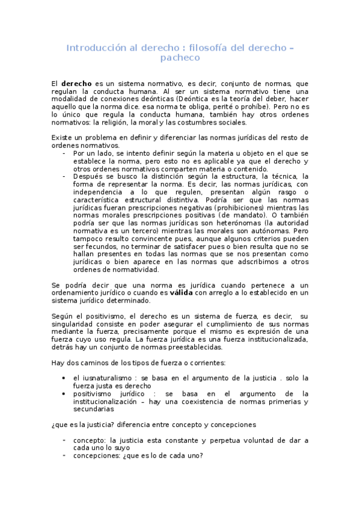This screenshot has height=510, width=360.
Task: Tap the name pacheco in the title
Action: [x=180, y=58]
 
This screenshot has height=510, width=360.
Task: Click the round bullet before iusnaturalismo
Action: [x=64, y=378]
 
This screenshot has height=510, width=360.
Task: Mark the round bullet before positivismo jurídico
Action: [x=64, y=393]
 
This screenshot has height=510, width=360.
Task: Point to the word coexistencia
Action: [x=195, y=401]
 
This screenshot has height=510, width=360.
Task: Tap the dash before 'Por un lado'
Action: [x=64, y=153]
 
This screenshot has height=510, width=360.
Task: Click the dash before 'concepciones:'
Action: [x=64, y=455]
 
